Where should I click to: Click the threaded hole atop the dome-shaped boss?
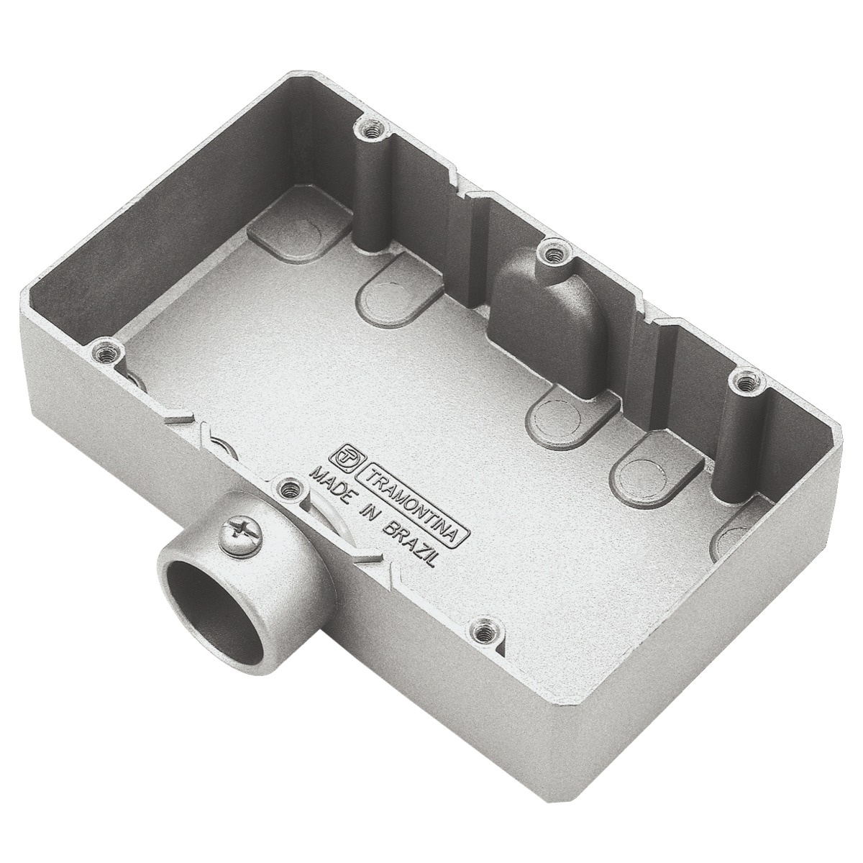553,253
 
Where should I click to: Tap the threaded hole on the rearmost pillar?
372,130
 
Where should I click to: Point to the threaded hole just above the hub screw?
290,488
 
